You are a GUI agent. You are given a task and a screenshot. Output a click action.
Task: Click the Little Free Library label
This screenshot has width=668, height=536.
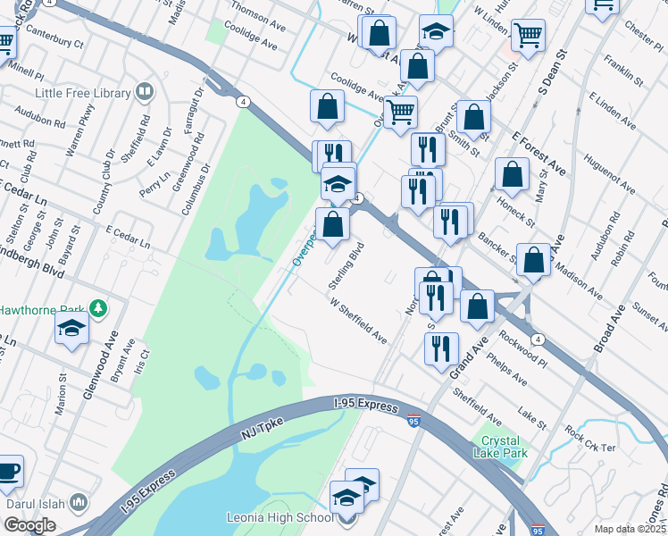point(82,93)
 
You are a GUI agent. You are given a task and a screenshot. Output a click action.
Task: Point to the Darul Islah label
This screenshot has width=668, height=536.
point(36,504)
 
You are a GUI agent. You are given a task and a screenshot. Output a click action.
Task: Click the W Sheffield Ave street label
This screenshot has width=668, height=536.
point(358,322)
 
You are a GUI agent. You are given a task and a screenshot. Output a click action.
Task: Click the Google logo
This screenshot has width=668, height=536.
point(29,525)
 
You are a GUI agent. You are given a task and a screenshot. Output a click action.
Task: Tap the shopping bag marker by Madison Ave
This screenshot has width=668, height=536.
point(533,261)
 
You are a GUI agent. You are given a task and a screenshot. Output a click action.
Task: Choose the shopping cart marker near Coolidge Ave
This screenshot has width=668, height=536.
point(400,113)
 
